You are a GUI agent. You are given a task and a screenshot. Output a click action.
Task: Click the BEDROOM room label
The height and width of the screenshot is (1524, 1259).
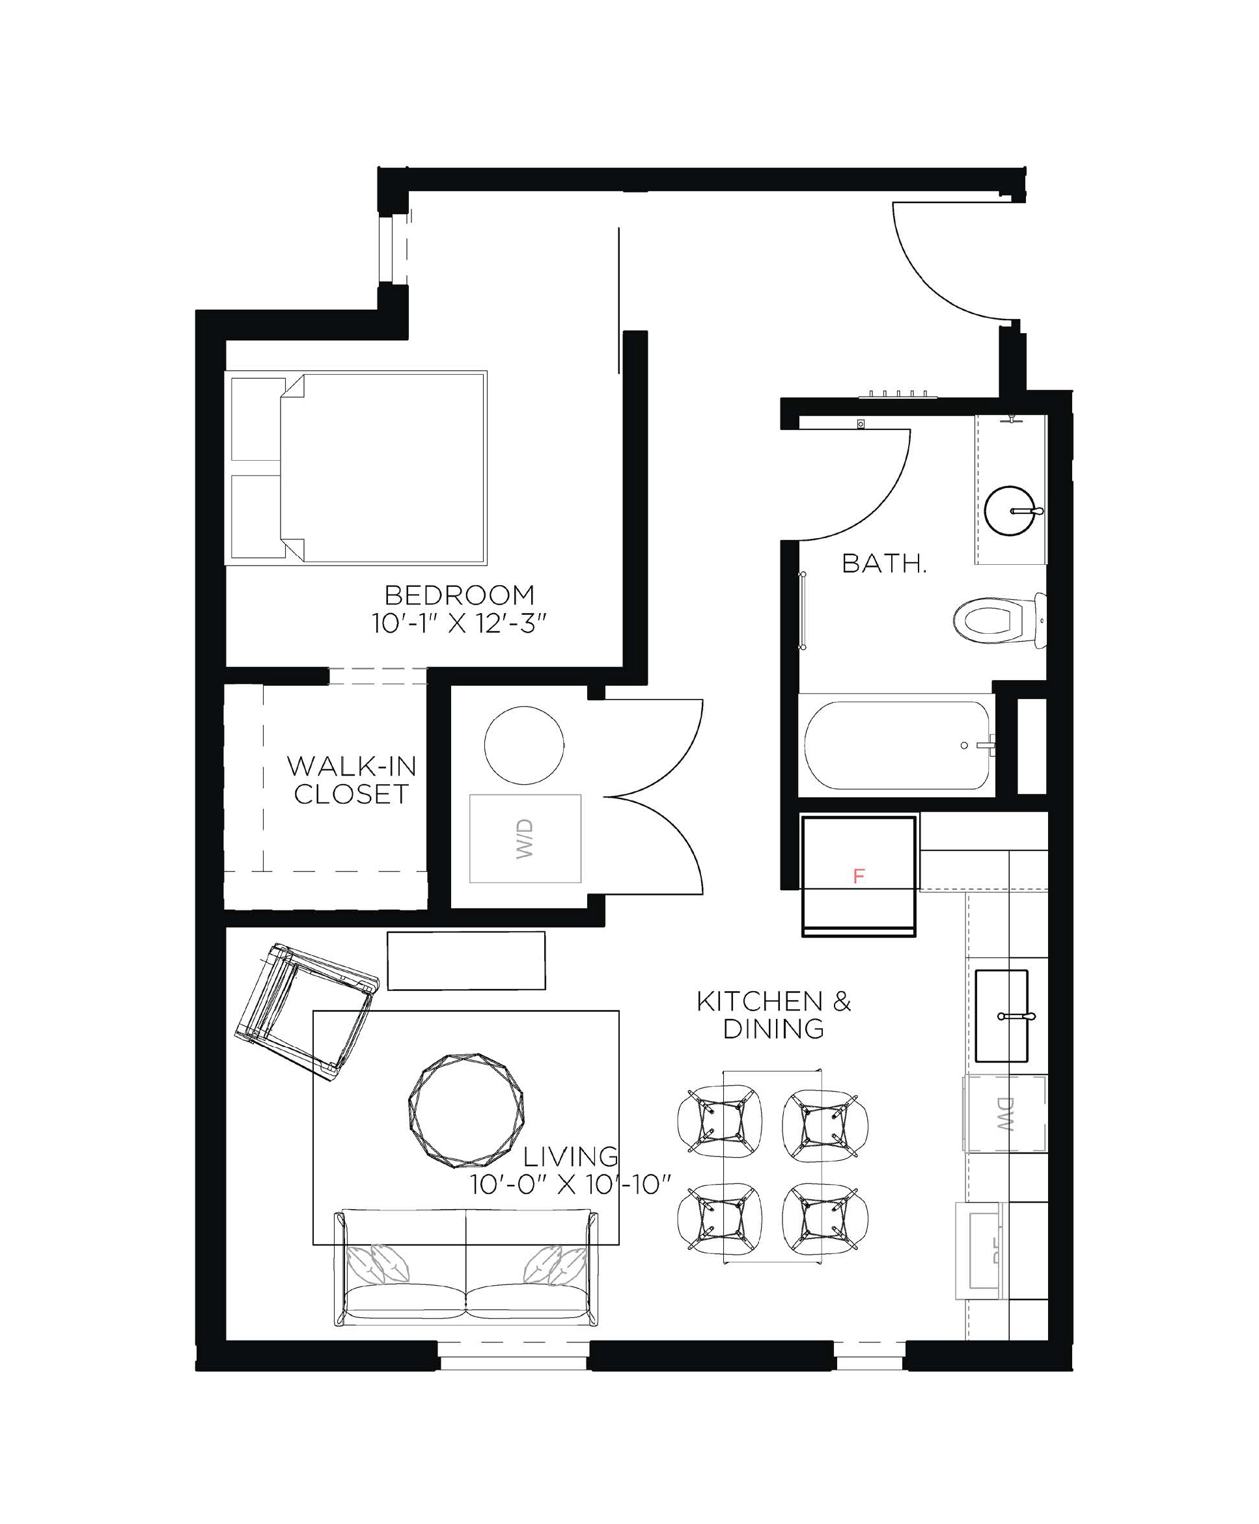coord(459,595)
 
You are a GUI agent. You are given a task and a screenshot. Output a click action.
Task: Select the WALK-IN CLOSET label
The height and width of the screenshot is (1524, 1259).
coord(351,780)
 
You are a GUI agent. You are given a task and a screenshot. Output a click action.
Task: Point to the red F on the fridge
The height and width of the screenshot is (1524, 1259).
coord(859,877)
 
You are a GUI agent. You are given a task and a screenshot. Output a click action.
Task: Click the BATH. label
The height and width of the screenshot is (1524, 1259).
coord(884,564)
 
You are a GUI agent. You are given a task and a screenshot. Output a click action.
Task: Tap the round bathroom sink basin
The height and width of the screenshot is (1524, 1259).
coord(1010,511)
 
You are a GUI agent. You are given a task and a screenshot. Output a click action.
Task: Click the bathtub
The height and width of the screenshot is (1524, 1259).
coord(896,745)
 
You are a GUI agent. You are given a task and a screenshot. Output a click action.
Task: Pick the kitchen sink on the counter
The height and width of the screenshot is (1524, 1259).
coord(1002,1016)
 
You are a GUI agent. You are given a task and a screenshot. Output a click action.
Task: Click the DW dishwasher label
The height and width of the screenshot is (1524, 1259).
coord(1004,1114)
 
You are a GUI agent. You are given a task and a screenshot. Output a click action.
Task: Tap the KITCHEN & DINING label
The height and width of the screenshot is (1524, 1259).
coord(774,1015)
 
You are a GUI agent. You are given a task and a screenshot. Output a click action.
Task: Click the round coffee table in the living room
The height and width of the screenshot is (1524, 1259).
coord(465,1110)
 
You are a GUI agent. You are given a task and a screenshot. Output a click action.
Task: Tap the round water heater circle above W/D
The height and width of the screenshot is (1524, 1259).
coord(523,744)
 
